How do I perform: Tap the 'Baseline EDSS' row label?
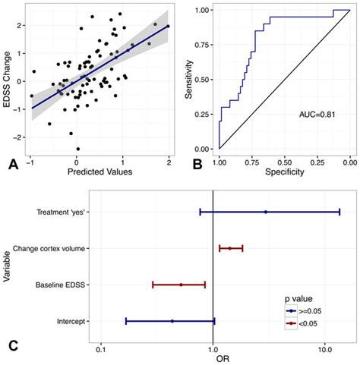click(x=61, y=285)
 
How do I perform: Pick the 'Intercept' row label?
click(x=71, y=321)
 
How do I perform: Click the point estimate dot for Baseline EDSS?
click(x=181, y=285)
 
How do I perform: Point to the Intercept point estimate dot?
click(x=172, y=321)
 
